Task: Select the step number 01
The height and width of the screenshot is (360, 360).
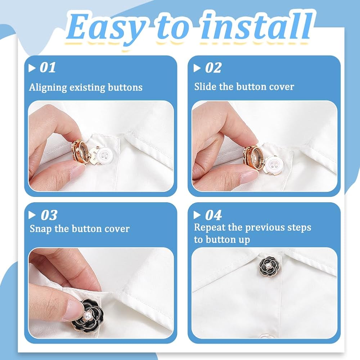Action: click(x=48, y=68)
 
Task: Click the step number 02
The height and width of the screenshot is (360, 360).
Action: click(x=213, y=68)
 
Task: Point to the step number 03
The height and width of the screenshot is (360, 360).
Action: click(x=49, y=215)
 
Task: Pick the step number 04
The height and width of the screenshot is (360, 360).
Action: click(x=213, y=215)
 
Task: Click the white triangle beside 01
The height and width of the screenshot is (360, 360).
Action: click(x=32, y=68)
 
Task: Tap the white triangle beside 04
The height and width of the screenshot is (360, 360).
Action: click(x=197, y=215)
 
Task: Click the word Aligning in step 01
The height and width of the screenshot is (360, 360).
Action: click(x=48, y=88)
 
